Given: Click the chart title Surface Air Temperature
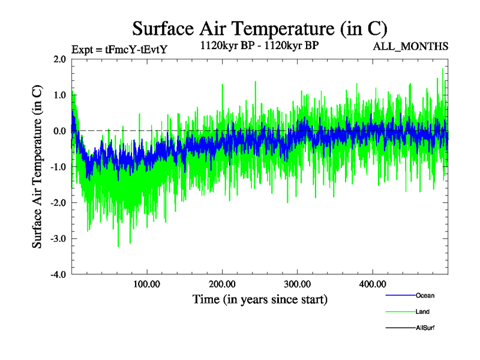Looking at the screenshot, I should (x=259, y=28).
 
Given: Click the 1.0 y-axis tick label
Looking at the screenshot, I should (x=59, y=95).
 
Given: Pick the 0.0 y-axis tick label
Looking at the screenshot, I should (x=59, y=131).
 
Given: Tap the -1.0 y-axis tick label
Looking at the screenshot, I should (x=58, y=167).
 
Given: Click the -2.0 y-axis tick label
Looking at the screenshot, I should (x=58, y=203).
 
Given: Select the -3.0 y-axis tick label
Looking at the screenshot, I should (x=58, y=239).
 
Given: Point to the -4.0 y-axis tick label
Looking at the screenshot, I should (x=58, y=275).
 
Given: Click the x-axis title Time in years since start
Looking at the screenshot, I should (x=260, y=299).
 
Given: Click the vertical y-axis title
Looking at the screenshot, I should (x=37, y=167).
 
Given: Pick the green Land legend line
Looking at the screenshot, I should (x=399, y=311).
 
